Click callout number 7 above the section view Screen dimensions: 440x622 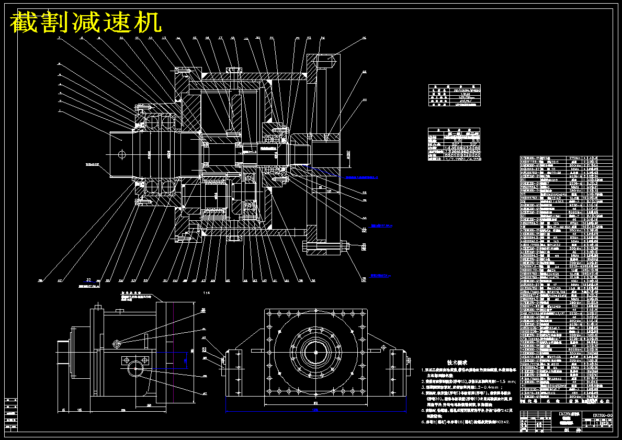point(59,38)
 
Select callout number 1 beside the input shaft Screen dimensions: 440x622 point(59,111)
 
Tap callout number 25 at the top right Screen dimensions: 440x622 point(364,38)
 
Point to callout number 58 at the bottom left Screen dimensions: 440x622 point(40,280)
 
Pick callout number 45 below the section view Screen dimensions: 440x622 point(228,280)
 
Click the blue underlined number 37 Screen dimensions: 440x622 point(89,280)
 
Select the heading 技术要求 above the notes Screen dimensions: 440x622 point(457,362)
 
